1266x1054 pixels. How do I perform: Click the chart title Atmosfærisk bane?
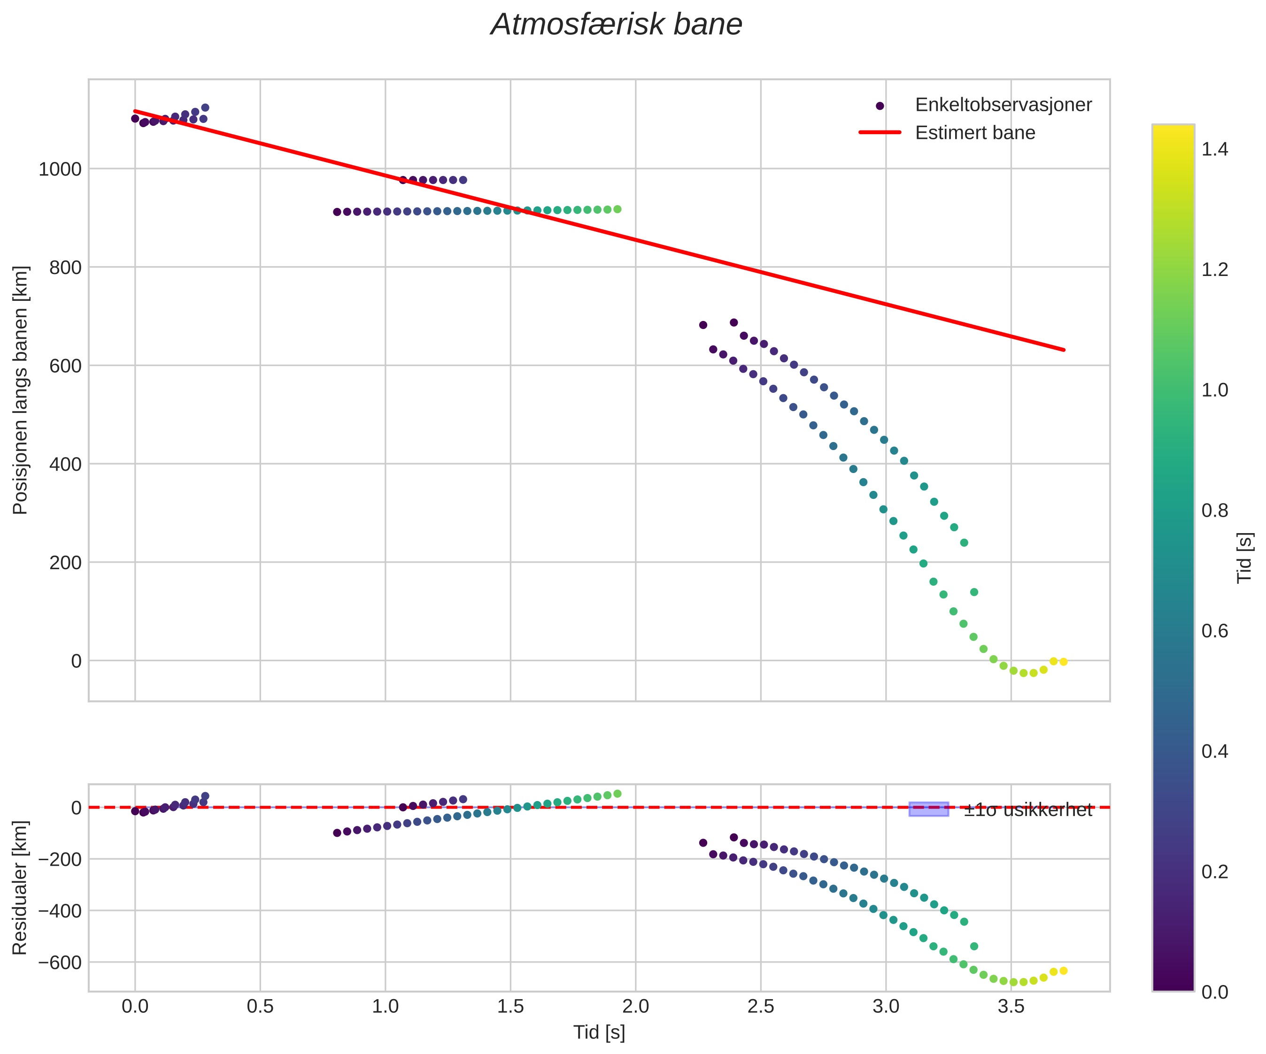pyautogui.click(x=616, y=25)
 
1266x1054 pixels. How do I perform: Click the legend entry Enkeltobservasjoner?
pyautogui.click(x=1003, y=105)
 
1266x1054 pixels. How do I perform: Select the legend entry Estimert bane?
pyautogui.click(x=974, y=133)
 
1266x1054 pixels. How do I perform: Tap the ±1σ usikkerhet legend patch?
pyautogui.click(x=928, y=810)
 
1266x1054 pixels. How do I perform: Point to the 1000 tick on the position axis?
pyautogui.click(x=60, y=169)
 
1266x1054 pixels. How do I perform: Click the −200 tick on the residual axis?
pyautogui.click(x=60, y=859)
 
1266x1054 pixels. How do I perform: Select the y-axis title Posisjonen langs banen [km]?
pyautogui.click(x=21, y=390)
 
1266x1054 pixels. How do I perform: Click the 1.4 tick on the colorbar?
pyautogui.click(x=1214, y=149)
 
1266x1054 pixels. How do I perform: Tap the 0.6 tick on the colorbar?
pyautogui.click(x=1214, y=631)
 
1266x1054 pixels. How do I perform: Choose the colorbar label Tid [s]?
pyautogui.click(x=1244, y=558)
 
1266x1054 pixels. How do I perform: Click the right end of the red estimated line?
pyautogui.click(x=1064, y=350)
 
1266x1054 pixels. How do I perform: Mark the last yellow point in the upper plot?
pyautogui.click(x=1064, y=662)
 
